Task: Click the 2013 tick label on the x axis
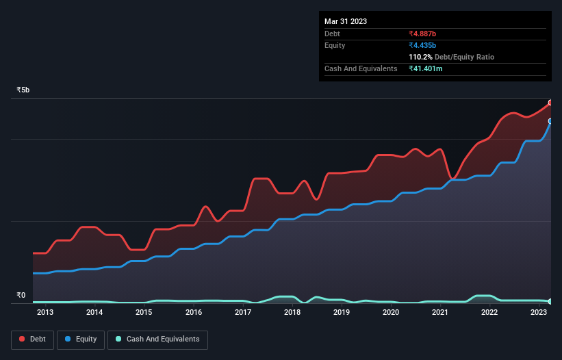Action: click(45, 313)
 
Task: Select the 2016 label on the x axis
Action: click(194, 313)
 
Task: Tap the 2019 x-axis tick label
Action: click(342, 313)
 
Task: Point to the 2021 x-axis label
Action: click(440, 313)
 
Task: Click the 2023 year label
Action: click(539, 313)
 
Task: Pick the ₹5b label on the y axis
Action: click(23, 90)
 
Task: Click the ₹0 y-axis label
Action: click(21, 296)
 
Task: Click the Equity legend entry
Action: click(81, 339)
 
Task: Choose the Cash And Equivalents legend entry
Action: click(157, 339)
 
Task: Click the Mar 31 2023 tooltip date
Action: click(346, 21)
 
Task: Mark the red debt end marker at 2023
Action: click(550, 103)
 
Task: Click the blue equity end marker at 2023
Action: click(550, 121)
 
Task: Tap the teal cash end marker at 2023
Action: click(550, 301)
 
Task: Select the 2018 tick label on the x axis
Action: click(292, 313)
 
